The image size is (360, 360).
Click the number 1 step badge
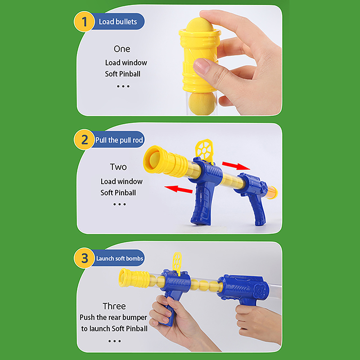(x=84, y=22)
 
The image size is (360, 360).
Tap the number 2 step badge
(x=84, y=139)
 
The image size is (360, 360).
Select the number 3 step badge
(x=84, y=258)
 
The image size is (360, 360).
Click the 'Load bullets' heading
(x=118, y=22)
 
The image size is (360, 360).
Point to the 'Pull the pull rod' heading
(x=119, y=140)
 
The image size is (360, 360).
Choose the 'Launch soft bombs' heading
(x=120, y=258)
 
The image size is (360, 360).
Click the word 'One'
(x=122, y=49)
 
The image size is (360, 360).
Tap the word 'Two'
(x=118, y=167)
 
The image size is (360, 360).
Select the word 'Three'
(x=114, y=306)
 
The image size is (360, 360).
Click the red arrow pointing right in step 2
(x=236, y=166)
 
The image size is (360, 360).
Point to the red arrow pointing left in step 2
(x=178, y=189)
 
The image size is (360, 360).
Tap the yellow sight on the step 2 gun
(x=204, y=149)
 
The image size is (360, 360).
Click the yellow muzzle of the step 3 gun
(x=134, y=278)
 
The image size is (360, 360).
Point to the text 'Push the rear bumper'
(x=113, y=317)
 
